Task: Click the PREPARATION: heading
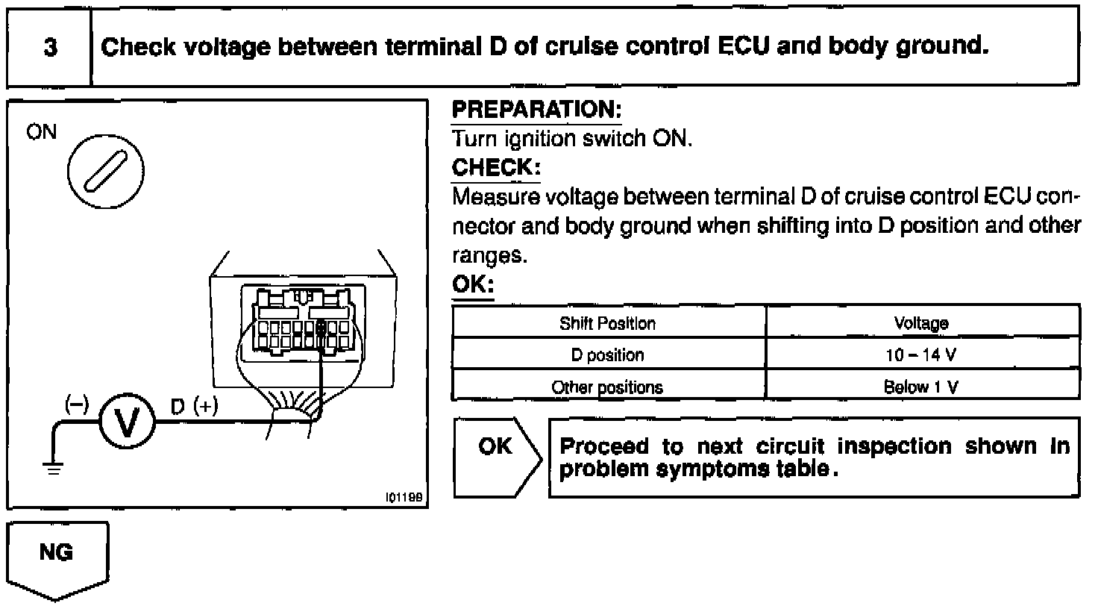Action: click(x=537, y=110)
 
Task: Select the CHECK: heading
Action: click(x=495, y=167)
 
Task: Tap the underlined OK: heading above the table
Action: click(x=474, y=286)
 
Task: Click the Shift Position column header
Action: click(x=608, y=323)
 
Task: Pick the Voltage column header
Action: click(x=921, y=323)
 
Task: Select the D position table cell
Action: click(x=608, y=355)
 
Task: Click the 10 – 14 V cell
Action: click(x=921, y=355)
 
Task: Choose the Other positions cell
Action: click(x=608, y=387)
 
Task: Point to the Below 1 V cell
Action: click(x=921, y=387)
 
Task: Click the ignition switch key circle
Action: click(x=106, y=173)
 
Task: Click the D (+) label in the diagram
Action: click(x=193, y=407)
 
